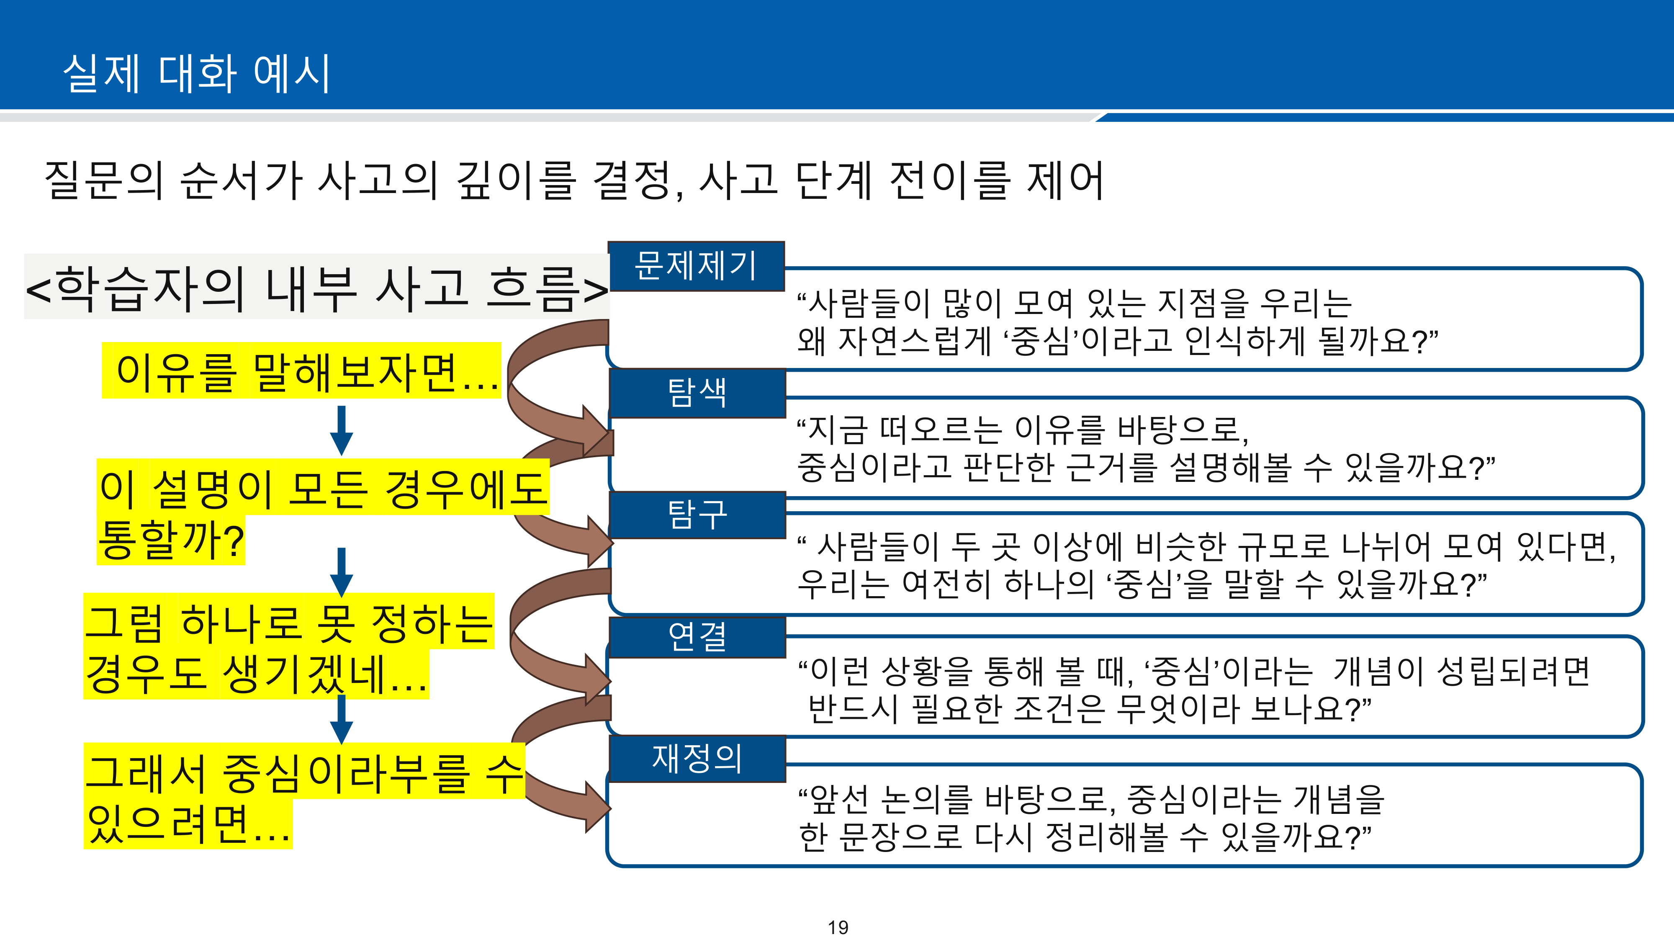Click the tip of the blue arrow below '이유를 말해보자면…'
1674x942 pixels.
(341, 455)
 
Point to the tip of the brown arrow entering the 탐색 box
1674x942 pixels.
(612, 431)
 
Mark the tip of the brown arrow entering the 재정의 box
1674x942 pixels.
(612, 808)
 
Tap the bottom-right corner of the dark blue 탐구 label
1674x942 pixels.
(786, 538)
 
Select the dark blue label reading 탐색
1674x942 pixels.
(697, 393)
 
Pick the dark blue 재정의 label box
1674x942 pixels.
(697, 759)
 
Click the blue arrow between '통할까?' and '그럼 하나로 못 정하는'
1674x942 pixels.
(341, 572)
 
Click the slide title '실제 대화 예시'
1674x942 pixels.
(197, 73)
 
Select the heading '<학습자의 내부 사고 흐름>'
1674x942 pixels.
(316, 288)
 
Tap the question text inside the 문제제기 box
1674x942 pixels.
(1117, 322)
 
